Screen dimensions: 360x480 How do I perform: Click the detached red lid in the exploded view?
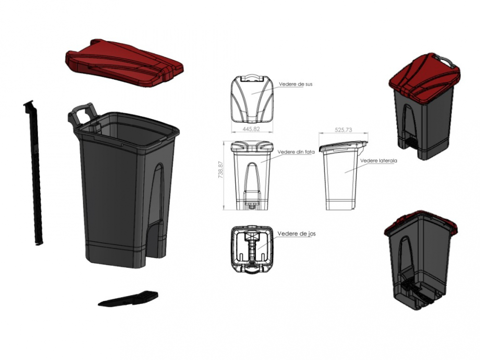coord(124,62)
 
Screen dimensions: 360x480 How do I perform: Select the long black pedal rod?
coord(34,173)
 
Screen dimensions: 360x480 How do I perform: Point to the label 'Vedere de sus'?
coord(296,84)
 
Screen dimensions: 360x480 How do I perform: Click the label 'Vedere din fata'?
coord(296,152)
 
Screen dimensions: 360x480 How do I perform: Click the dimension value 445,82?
coord(252,129)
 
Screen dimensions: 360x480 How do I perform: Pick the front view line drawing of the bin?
coord(252,175)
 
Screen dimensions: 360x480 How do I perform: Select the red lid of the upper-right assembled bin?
coord(422,77)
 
